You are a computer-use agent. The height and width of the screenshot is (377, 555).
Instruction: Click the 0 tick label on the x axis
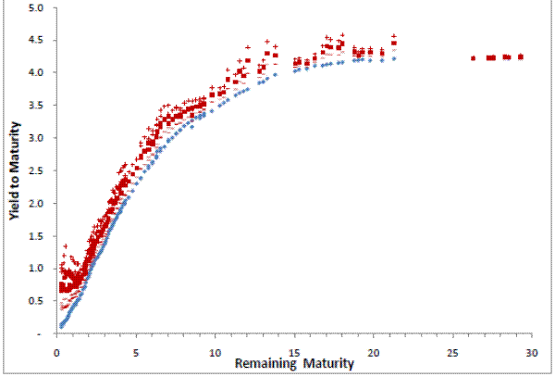coord(56,353)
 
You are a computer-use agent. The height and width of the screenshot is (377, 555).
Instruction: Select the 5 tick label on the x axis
coord(136,353)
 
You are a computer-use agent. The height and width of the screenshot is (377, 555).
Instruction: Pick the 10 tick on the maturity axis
coord(215,353)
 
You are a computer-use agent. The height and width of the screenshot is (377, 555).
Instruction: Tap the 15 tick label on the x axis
coord(294,353)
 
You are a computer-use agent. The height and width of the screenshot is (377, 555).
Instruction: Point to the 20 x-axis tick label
coord(374,353)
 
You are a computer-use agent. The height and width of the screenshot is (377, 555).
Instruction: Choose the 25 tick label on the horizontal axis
coord(452,353)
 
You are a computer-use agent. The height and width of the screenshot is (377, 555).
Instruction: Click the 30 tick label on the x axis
coord(532,353)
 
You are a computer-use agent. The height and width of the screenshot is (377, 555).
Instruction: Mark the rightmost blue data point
coord(394,58)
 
